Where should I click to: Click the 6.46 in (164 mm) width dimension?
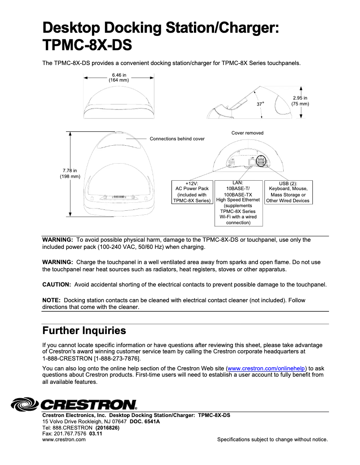(119, 78)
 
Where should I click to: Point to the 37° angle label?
(260, 104)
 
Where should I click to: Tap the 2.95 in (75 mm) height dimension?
(300, 101)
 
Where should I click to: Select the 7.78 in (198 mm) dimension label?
(70, 173)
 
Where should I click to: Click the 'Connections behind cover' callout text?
(177, 139)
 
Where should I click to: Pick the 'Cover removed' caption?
(247, 133)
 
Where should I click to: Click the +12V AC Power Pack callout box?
(192, 192)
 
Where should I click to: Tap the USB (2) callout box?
(288, 192)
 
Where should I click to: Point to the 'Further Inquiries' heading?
(84, 331)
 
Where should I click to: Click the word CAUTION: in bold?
(57, 284)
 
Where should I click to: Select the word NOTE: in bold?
(51, 300)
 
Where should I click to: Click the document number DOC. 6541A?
(145, 422)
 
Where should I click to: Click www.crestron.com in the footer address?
(64, 439)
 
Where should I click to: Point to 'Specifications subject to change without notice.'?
(272, 439)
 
